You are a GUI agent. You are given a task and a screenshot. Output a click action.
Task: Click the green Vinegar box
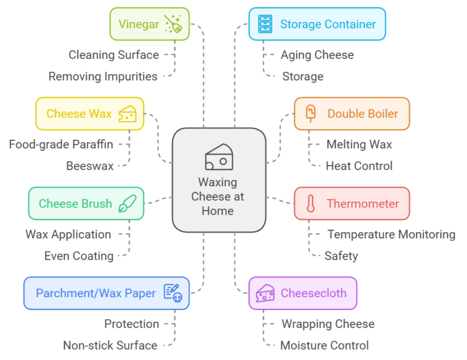tap(149, 24)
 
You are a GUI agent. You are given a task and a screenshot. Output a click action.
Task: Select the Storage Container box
tap(317, 24)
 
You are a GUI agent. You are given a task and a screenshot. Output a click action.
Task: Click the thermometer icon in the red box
tap(310, 203)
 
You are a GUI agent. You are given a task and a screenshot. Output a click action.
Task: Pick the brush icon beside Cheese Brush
tap(127, 203)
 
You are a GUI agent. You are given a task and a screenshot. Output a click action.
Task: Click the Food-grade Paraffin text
tap(61, 144)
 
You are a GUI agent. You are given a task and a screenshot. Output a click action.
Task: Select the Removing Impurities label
tap(103, 76)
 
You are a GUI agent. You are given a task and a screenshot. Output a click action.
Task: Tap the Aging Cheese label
tap(317, 55)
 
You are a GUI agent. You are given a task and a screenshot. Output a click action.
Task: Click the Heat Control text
tap(359, 165)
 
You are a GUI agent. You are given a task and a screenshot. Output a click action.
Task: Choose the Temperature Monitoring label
tap(391, 234)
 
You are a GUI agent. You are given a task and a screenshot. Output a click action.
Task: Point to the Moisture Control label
tap(324, 345)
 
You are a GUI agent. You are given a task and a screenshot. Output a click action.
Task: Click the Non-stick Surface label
tap(110, 345)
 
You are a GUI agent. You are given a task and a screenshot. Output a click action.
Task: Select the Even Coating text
tap(78, 255)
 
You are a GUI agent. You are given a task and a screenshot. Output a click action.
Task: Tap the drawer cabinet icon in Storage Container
tap(265, 24)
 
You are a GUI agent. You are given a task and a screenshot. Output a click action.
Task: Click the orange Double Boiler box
tap(351, 114)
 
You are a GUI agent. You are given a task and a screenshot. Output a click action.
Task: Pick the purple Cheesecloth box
tap(302, 293)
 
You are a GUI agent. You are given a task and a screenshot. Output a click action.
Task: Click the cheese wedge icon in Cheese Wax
tap(127, 114)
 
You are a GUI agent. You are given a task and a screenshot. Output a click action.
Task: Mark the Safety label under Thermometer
tap(341, 255)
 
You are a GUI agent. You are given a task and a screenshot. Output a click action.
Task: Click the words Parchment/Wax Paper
tap(95, 293)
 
